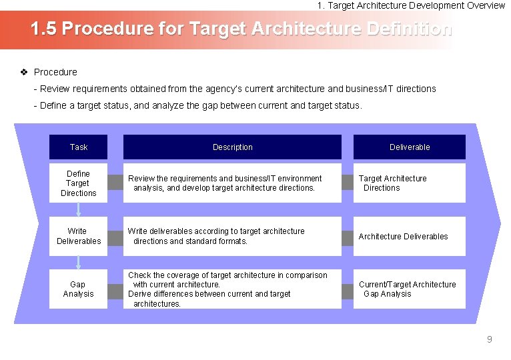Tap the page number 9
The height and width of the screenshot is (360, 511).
pos(489,339)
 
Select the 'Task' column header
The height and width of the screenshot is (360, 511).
pos(78,147)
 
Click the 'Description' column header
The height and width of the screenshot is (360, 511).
pos(232,147)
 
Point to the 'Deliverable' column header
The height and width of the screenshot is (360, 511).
pos(409,147)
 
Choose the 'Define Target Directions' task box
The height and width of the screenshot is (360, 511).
pos(78,183)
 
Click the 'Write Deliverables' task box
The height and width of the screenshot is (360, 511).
pos(78,236)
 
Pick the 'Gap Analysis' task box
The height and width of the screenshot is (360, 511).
pos(78,289)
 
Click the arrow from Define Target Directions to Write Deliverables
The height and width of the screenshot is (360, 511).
pos(78,209)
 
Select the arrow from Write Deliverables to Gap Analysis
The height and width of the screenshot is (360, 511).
pos(78,262)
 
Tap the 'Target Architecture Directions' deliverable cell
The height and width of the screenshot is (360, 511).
pos(409,183)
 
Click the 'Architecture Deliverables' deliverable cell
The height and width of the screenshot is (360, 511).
pos(409,236)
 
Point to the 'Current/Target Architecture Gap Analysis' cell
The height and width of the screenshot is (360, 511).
pos(409,289)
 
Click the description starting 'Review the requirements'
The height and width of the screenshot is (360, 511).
pos(232,183)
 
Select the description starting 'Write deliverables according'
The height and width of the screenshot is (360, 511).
pos(232,236)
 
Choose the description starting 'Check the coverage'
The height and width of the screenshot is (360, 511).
pos(232,289)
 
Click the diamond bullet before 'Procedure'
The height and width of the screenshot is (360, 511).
pos(24,72)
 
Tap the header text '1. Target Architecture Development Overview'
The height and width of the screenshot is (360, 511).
pos(411,5)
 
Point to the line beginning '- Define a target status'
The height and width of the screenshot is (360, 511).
pos(197,105)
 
